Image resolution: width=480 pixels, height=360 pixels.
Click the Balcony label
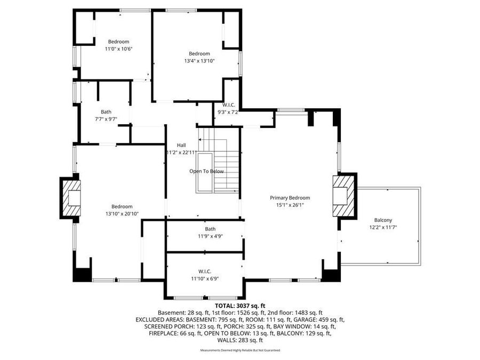[383, 220]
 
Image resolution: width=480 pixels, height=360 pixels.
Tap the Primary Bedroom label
[290, 197]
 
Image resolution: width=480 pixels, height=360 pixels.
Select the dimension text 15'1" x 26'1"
[290, 205]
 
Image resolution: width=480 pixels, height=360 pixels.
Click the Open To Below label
[206, 171]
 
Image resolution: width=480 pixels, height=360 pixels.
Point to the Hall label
[181, 145]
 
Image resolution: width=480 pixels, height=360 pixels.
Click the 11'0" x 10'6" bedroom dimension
[118, 49]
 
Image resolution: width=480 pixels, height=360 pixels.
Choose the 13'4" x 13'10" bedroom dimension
[199, 61]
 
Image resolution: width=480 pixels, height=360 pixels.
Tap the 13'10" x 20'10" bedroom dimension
[122, 214]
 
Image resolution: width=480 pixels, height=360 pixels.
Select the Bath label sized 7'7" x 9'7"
[106, 111]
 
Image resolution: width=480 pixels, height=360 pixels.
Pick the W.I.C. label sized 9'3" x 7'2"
[229, 105]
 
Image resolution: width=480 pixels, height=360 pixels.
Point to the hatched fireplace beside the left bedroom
[70, 197]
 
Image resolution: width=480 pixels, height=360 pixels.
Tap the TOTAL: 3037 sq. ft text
[240, 306]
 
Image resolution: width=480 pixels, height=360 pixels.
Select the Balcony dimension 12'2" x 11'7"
[383, 227]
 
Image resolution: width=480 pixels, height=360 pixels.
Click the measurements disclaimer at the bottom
[240, 350]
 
